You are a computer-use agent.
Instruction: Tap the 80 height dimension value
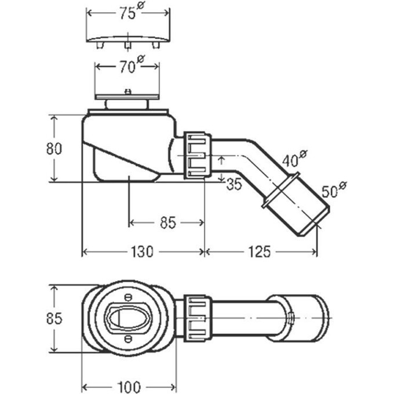pos(54,148)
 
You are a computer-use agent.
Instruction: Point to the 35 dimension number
pos(234,184)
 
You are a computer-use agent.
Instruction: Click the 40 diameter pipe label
pos(294,159)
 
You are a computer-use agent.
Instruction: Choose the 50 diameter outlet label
pos(334,189)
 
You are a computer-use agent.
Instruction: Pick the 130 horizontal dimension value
pos(142,251)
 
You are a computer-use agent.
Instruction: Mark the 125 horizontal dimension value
pos(260,251)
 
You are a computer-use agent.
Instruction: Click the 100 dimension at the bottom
pos(129,387)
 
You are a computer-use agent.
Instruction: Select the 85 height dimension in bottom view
pos(54,318)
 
